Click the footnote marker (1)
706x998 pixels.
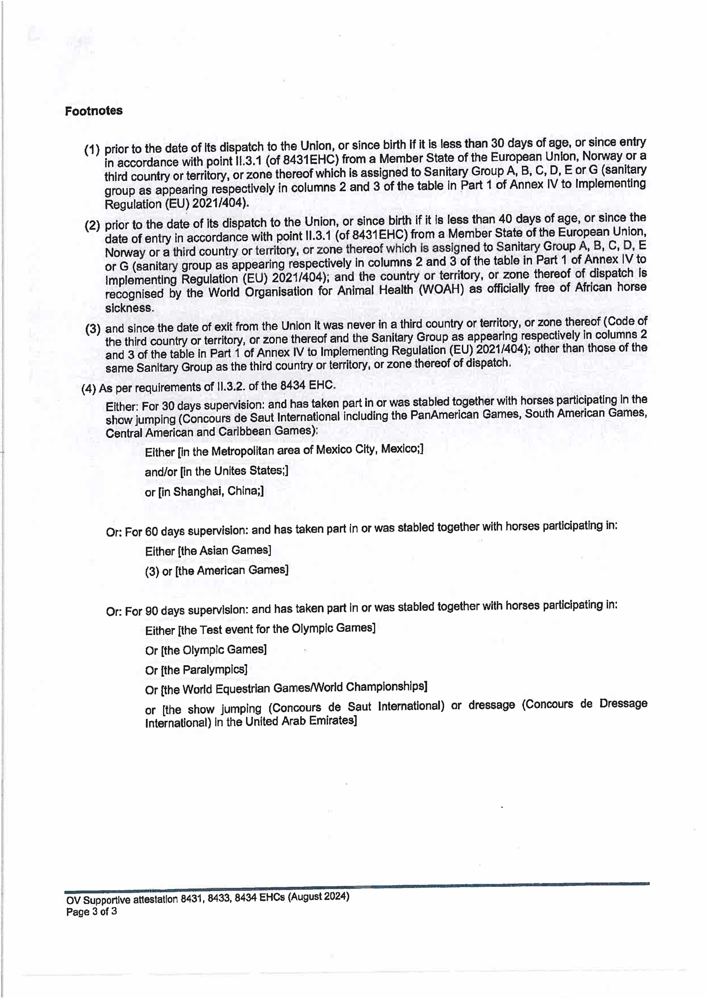tap(92, 150)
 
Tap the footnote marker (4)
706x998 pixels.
tap(89, 388)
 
